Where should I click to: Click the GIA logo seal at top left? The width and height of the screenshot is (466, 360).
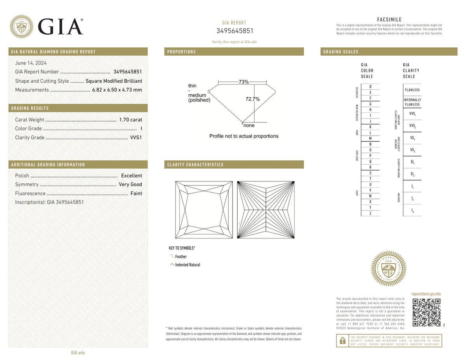click(x=21, y=26)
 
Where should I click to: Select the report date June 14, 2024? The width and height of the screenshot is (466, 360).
click(x=31, y=63)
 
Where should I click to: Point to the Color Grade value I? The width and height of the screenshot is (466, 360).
click(x=141, y=129)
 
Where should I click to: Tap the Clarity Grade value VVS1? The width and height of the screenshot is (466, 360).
click(x=136, y=137)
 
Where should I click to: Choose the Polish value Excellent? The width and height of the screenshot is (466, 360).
click(x=131, y=176)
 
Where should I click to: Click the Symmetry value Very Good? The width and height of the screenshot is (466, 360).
click(x=130, y=184)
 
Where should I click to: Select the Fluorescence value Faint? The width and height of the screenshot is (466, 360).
click(x=136, y=193)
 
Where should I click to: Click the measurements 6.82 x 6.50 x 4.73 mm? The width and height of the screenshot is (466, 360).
click(x=117, y=90)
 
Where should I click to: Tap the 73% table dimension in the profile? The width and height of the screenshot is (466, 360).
click(x=243, y=82)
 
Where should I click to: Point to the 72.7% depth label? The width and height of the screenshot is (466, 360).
click(x=252, y=99)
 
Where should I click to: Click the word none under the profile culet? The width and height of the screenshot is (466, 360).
click(x=249, y=125)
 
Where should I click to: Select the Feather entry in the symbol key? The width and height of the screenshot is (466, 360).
click(x=181, y=257)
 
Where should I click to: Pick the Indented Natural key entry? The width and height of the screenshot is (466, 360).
click(x=188, y=265)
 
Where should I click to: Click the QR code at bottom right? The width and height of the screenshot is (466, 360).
click(x=426, y=313)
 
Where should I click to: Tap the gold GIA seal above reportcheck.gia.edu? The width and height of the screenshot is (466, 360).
click(x=389, y=269)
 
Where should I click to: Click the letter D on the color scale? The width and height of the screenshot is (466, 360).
click(x=370, y=86)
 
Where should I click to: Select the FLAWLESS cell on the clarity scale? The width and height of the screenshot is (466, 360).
click(x=412, y=90)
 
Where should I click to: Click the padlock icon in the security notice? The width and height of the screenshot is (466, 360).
click(x=342, y=341)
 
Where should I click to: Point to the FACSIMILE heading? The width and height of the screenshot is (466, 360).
click(x=389, y=20)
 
